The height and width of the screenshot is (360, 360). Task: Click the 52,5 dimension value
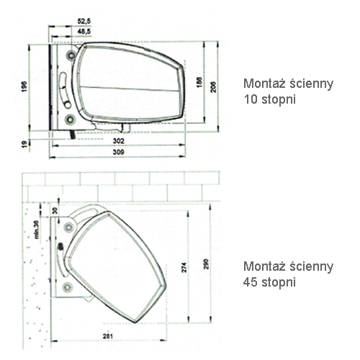(84, 21)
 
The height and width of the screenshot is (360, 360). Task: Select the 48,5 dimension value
(84, 31)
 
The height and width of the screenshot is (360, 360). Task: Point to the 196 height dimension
(24, 86)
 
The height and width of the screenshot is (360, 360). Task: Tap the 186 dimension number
(199, 82)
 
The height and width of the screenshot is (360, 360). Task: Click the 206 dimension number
(213, 87)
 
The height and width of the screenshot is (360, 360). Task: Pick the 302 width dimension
(119, 141)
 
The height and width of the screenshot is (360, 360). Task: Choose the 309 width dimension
(119, 152)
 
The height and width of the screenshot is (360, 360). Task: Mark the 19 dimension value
(24, 144)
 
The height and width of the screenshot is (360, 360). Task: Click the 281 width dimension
(108, 336)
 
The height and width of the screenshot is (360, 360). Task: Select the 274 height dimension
(184, 267)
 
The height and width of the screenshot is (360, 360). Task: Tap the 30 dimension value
(55, 210)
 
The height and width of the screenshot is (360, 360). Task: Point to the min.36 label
(36, 230)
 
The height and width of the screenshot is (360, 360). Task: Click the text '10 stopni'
(269, 99)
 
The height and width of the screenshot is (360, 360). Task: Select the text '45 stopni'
(269, 282)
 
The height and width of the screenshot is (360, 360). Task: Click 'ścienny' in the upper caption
(311, 84)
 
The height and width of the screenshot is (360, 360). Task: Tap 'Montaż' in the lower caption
(265, 266)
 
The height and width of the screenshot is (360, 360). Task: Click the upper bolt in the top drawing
(71, 55)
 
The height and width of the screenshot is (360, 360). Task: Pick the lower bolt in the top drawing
(71, 120)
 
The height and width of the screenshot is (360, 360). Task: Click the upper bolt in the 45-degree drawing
(69, 227)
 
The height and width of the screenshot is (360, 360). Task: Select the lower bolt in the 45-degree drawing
(68, 287)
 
